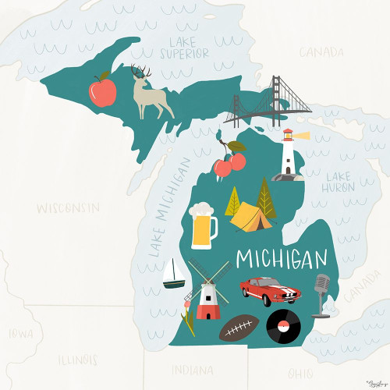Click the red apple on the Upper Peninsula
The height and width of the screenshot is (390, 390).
tap(103, 90)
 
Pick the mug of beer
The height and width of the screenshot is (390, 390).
tap(202, 224)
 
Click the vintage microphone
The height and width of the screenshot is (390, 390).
tap(321, 293)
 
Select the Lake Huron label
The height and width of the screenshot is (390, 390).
tap(341, 182)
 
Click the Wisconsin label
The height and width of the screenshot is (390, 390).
tap(69, 208)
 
